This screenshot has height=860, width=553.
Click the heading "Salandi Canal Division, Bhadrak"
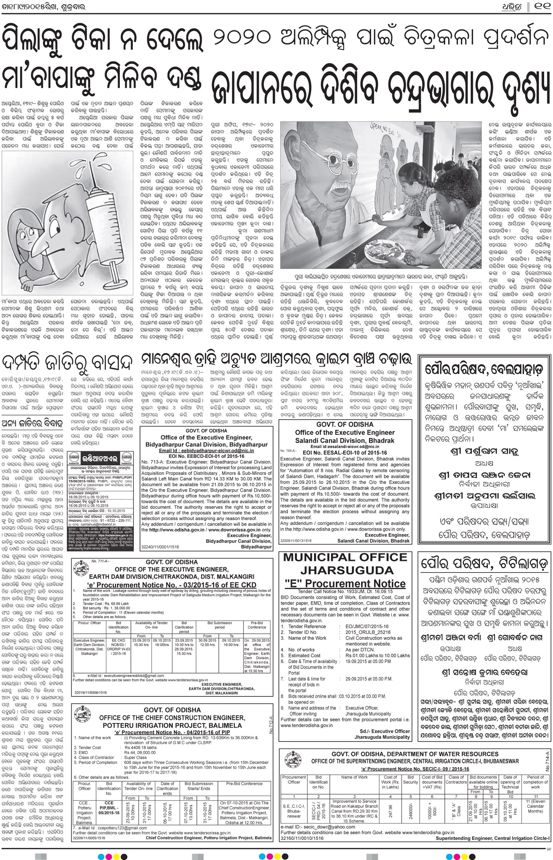click(345, 441)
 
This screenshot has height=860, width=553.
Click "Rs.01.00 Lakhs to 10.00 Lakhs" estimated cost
click(378, 655)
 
